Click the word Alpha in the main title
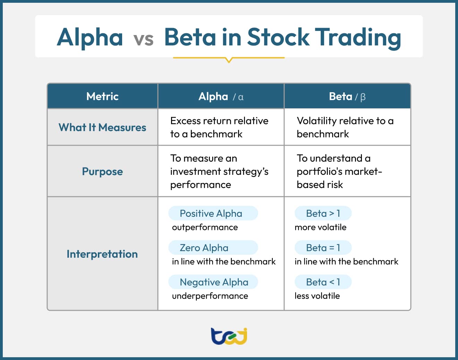(x=90, y=37)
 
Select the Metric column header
(x=102, y=96)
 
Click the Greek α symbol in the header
(x=241, y=97)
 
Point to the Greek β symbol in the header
(x=363, y=97)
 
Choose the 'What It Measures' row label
(x=102, y=127)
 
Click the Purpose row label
(x=102, y=171)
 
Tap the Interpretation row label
(x=102, y=254)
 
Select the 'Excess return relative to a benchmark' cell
(x=219, y=127)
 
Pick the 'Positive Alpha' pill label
(x=211, y=213)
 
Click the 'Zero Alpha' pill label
(x=204, y=248)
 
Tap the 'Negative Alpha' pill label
(x=214, y=282)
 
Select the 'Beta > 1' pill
(x=323, y=213)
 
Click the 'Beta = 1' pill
(x=323, y=248)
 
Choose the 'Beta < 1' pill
(x=323, y=282)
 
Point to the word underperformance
(x=210, y=296)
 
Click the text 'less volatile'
(x=317, y=296)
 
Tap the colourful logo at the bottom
(x=229, y=336)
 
